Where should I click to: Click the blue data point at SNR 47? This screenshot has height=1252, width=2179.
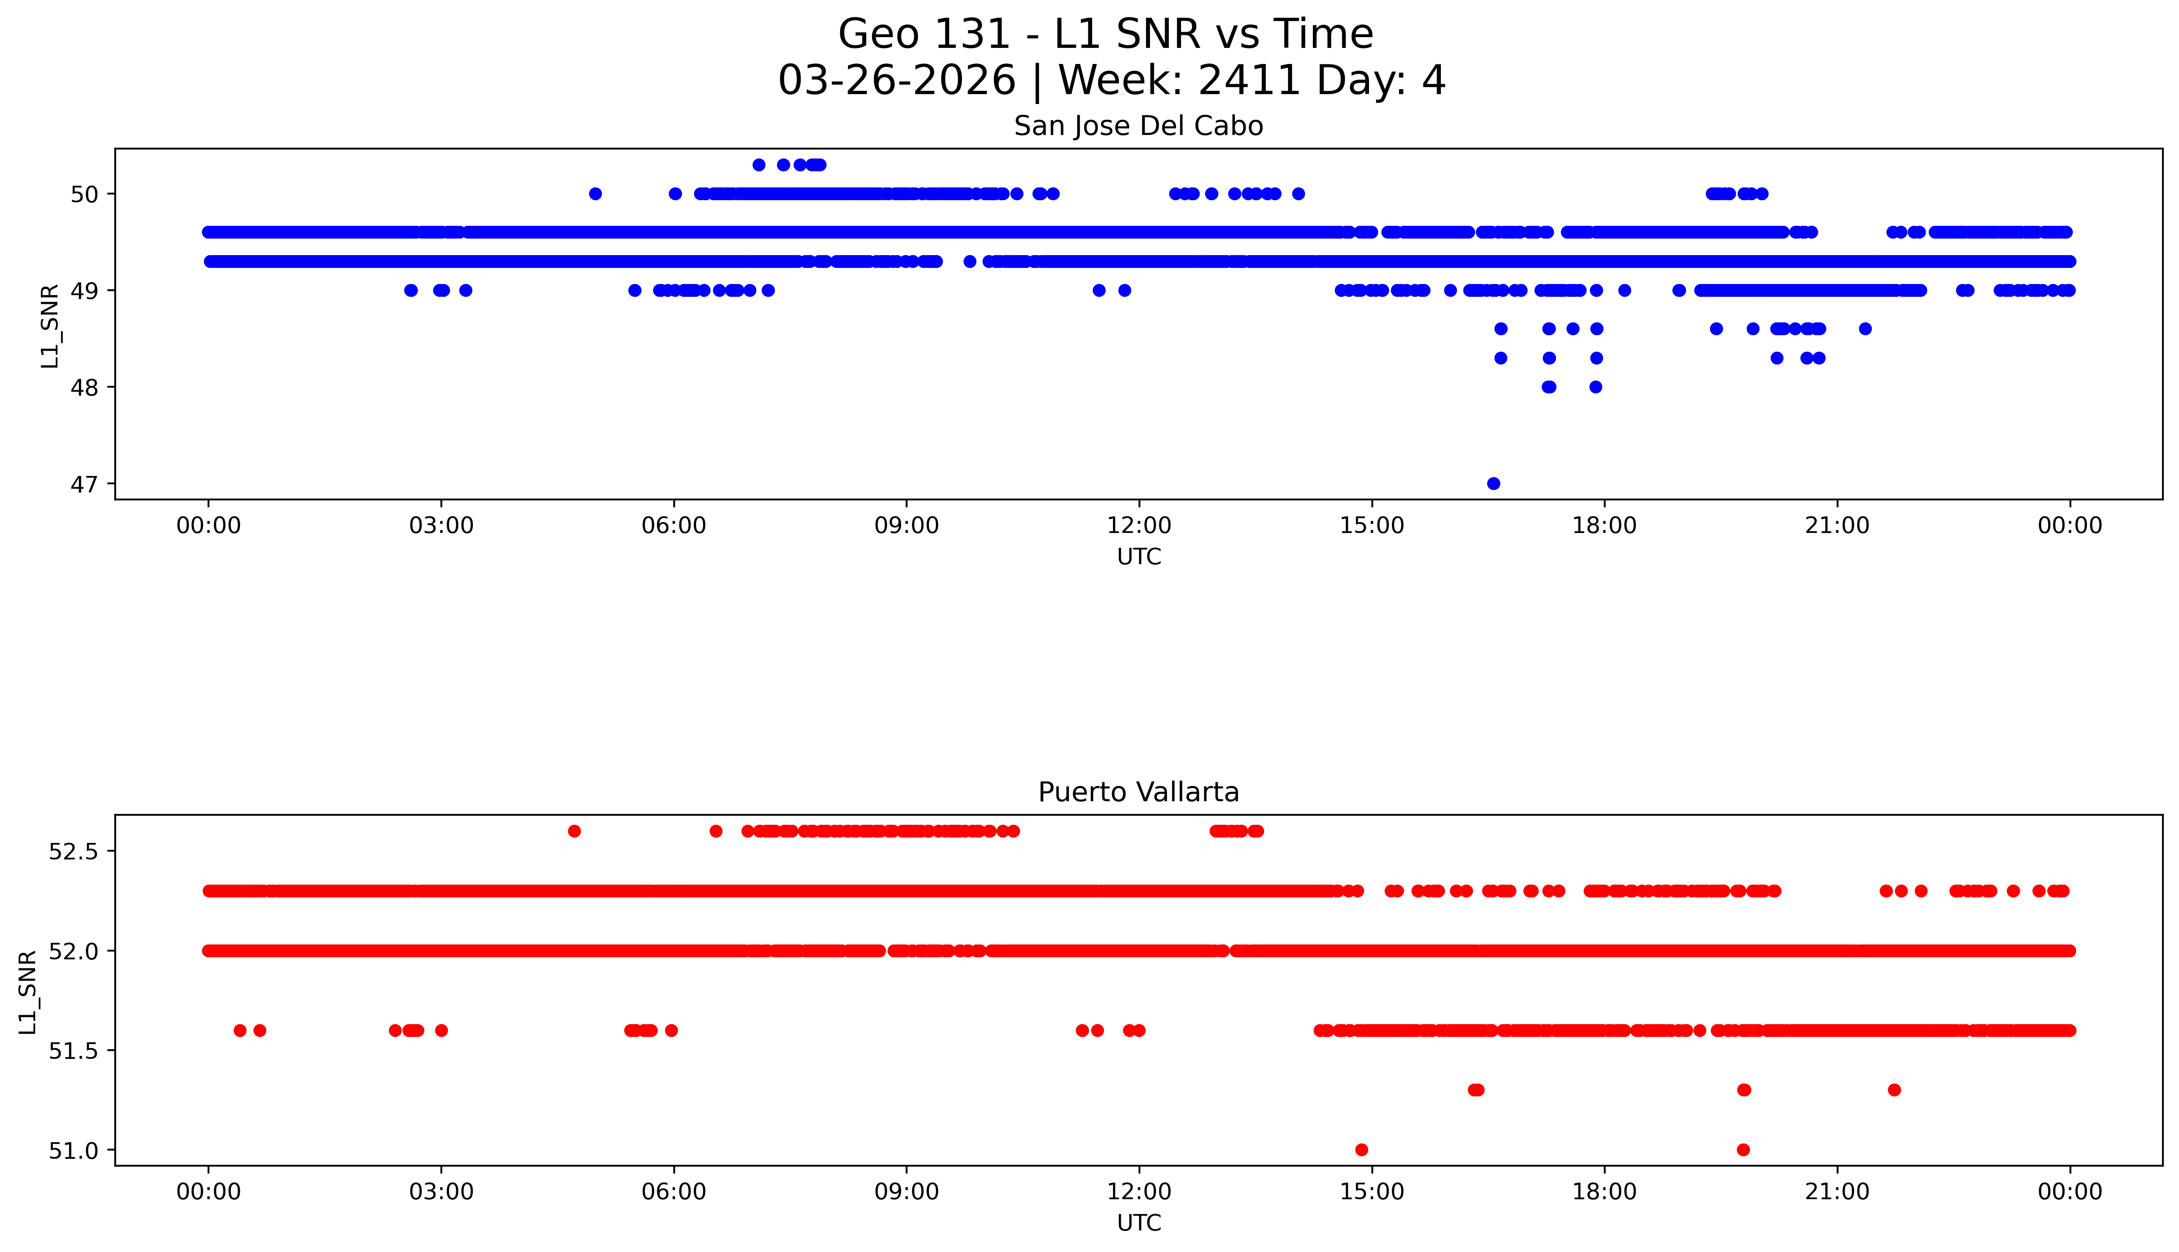pyautogui.click(x=1494, y=483)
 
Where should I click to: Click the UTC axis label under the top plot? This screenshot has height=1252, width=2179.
pyautogui.click(x=1139, y=557)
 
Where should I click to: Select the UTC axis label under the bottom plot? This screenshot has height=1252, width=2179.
pyautogui.click(x=1139, y=1223)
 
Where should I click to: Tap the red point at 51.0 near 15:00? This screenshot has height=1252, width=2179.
pyautogui.click(x=1361, y=1150)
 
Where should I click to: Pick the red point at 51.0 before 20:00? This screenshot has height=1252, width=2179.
pyautogui.click(x=1743, y=1150)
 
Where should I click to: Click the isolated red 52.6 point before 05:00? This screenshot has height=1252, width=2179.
pyautogui.click(x=574, y=831)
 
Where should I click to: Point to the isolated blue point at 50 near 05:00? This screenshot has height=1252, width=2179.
pyautogui.click(x=595, y=194)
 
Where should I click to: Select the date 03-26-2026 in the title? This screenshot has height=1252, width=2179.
pyautogui.click(x=897, y=81)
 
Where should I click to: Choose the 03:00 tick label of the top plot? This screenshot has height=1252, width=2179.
pyautogui.click(x=441, y=525)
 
